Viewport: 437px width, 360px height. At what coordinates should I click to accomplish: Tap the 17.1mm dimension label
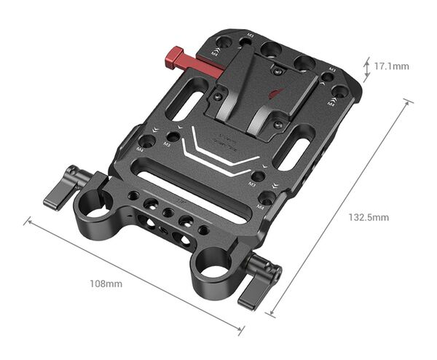pos(392,66)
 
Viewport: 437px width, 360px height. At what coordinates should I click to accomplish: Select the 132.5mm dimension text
pos(369,217)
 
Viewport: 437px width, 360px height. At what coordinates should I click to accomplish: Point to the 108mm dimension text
pos(106,282)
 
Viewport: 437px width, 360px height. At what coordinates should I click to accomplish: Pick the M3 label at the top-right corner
pos(331,69)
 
